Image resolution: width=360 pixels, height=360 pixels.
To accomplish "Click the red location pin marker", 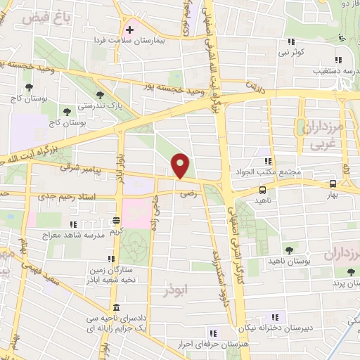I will coord(181,166).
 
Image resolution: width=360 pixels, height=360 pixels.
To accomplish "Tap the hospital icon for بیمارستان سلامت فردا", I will coord(130,30).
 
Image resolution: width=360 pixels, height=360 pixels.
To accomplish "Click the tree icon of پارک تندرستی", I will coord(101,94).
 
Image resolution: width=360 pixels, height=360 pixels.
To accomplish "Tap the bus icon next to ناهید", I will coord(262,190).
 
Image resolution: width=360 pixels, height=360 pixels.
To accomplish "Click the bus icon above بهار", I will coord(334,184).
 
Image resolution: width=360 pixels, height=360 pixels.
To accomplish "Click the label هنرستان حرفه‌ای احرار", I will coord(208,344).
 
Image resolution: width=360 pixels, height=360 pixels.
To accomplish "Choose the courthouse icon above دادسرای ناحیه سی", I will coord(115,309).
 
